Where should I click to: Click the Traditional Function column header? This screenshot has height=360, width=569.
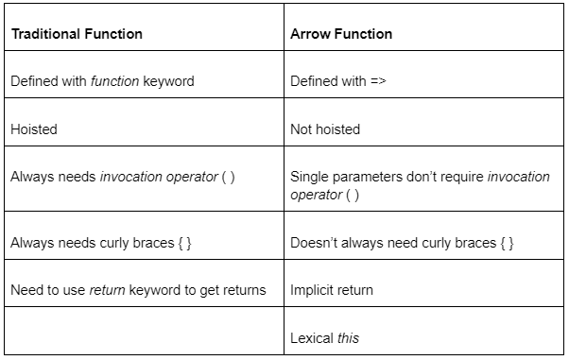(x=77, y=34)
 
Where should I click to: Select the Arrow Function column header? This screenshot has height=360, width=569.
(x=341, y=34)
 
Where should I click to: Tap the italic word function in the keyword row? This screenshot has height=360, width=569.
(x=113, y=81)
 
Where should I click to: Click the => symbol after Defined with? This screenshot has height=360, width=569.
(x=378, y=81)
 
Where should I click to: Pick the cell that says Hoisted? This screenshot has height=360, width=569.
(x=33, y=129)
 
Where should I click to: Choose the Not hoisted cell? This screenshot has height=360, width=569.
(x=325, y=129)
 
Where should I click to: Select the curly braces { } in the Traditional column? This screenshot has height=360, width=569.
(x=185, y=243)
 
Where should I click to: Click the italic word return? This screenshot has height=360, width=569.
(x=108, y=290)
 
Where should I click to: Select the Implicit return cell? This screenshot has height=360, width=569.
(x=331, y=290)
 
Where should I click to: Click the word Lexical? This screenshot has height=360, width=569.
(x=312, y=337)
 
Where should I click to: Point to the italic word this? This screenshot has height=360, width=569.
(x=349, y=337)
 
